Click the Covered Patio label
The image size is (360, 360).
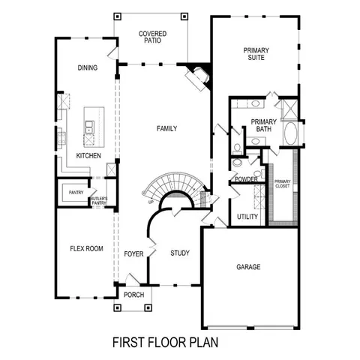152,37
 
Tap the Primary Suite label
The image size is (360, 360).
256,55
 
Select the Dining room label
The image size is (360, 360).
88,67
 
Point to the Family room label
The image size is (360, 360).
166,128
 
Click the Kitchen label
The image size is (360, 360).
88,155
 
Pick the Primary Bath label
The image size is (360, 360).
263,124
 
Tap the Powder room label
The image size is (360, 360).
246,180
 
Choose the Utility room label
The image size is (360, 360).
247,217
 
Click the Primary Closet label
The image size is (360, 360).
282,184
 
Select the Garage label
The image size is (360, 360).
248,266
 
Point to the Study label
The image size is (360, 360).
180,253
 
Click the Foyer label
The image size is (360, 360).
133,253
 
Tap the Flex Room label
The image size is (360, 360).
86,248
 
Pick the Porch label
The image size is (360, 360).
134,295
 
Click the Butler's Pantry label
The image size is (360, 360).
100,200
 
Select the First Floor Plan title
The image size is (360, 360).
164,343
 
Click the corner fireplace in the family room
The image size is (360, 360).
200,75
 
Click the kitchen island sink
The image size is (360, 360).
90,127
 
